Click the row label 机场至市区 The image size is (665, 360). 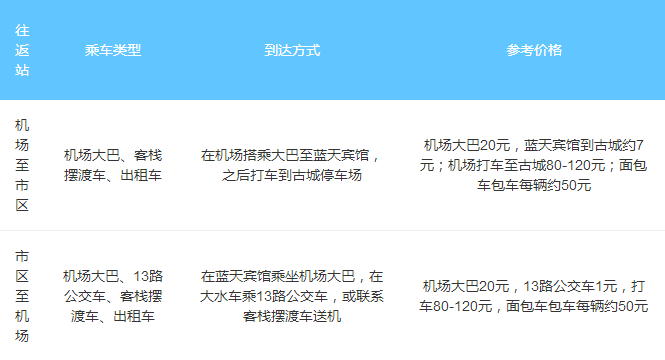point(22,165)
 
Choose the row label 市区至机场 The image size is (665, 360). point(22,295)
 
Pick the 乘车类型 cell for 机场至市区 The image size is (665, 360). point(113,165)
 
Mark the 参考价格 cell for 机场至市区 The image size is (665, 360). point(534,165)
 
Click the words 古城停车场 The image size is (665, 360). point(327,176)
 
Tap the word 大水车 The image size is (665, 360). point(223,296)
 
